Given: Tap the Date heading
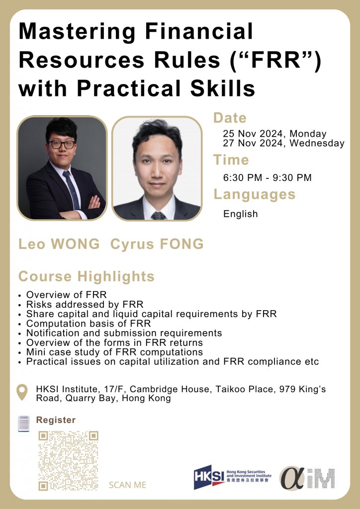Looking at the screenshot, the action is click(230, 118).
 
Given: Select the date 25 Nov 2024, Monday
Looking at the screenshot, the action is click(274, 134).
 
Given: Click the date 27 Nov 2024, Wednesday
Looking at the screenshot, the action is click(284, 143).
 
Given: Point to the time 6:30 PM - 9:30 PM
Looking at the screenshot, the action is click(267, 177).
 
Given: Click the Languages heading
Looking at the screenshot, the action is click(255, 194).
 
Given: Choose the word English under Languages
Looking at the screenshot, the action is click(240, 214).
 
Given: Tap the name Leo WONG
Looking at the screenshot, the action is click(59, 244).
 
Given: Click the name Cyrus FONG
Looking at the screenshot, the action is click(157, 244).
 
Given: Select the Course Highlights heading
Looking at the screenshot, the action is click(87, 276).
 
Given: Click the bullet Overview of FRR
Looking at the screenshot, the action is click(66, 295).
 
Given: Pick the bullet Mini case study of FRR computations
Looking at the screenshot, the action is click(114, 352).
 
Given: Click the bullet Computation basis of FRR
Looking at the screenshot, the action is click(89, 323).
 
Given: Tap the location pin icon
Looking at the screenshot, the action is click(22, 392).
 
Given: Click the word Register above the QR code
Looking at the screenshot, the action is click(56, 420).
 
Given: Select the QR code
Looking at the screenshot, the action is click(68, 461).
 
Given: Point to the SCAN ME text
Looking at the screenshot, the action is click(128, 485).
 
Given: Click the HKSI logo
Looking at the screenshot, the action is click(232, 477).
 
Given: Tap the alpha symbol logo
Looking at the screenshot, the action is click(292, 479).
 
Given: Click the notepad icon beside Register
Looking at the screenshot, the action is click(23, 424).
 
